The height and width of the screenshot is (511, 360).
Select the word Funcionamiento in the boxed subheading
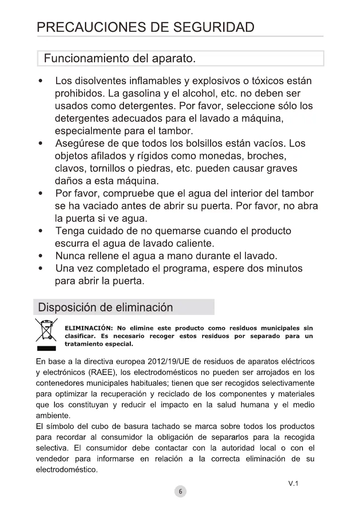click(86, 58)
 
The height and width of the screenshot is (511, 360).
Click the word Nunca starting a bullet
click(70, 256)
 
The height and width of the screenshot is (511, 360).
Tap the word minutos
click(282, 269)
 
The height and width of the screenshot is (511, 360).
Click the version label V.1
click(293, 484)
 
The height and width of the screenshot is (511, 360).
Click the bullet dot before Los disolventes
click(40, 81)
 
